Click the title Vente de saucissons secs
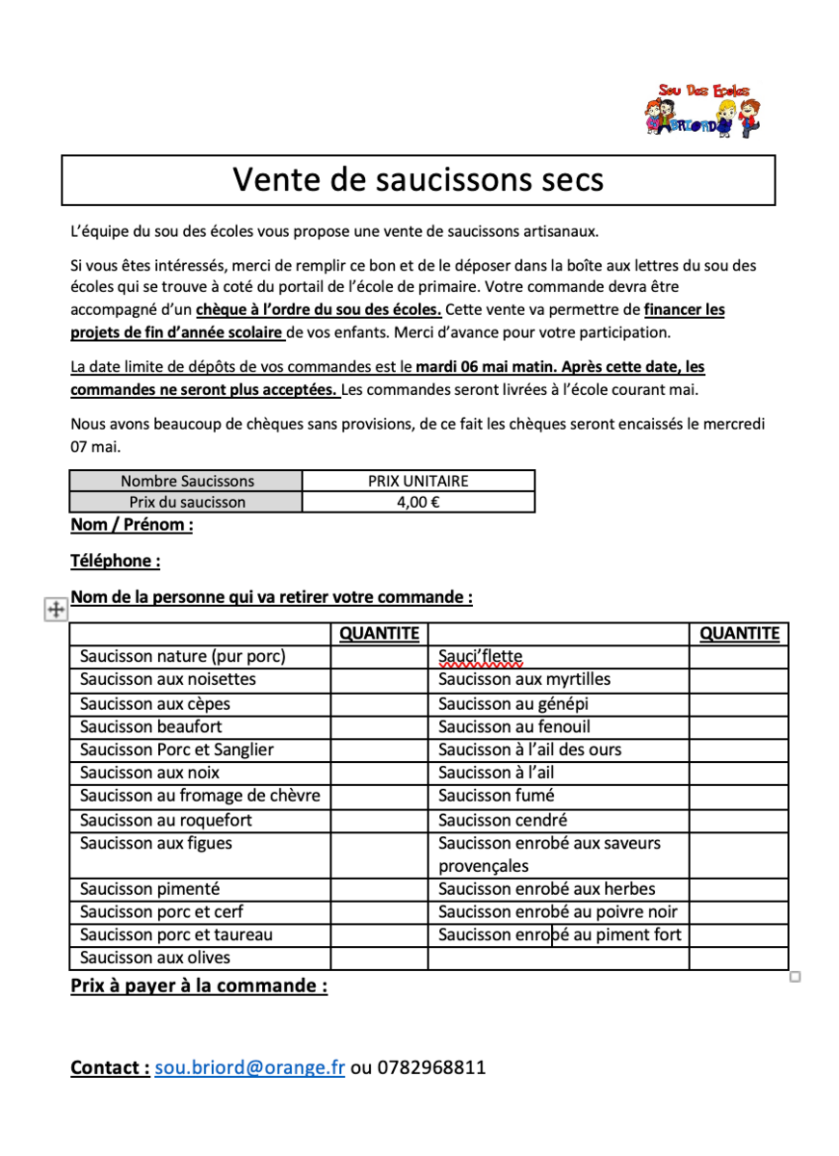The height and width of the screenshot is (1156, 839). click(418, 180)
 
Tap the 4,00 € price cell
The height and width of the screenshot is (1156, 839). click(418, 502)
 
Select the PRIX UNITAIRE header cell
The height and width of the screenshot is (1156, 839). click(418, 481)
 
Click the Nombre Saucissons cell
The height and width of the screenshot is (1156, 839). click(187, 481)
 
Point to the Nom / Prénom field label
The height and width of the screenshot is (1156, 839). click(132, 525)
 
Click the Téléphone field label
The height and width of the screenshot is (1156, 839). click(116, 561)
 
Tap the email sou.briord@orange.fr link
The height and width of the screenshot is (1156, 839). click(249, 1067)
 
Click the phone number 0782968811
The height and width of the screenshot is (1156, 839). click(432, 1067)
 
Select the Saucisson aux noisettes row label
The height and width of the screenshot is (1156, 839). click(168, 680)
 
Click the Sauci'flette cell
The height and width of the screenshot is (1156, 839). click(480, 657)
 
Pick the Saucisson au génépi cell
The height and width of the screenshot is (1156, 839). click(512, 704)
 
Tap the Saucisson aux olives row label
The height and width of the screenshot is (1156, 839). click(155, 958)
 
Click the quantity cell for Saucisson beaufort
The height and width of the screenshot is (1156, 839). click(380, 727)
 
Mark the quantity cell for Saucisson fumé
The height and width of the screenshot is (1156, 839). click(739, 797)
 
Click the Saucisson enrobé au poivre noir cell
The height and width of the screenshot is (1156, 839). click(558, 912)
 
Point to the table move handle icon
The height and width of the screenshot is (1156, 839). click(56, 609)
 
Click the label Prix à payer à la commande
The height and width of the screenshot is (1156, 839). click(198, 986)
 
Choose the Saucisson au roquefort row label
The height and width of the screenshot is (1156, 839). click(166, 821)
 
